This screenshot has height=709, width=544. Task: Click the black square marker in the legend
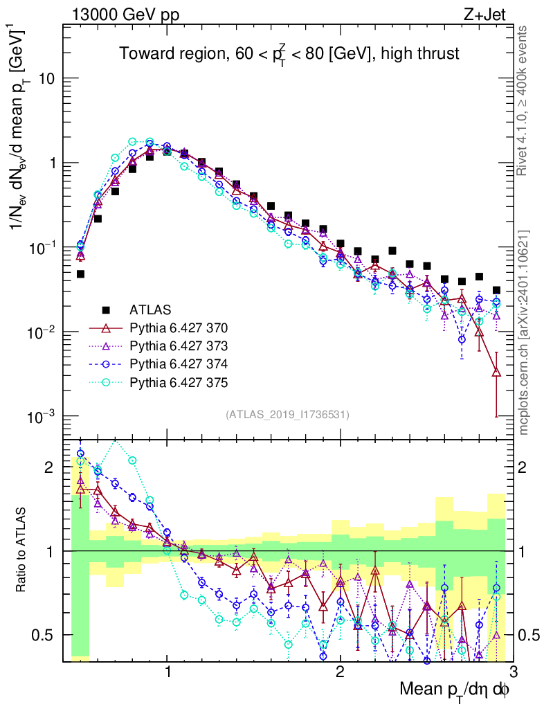pyautogui.click(x=105, y=309)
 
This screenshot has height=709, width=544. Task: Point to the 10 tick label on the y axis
pyautogui.click(x=46, y=79)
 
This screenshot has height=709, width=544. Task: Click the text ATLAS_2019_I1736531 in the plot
pyautogui.click(x=287, y=415)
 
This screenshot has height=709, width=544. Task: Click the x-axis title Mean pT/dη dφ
pyautogui.click(x=455, y=690)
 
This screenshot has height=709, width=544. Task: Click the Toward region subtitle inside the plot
pyautogui.click(x=289, y=53)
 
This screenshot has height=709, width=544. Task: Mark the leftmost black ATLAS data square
pyautogui.click(x=80, y=274)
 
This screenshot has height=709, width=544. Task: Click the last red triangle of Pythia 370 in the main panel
pyautogui.click(x=496, y=373)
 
